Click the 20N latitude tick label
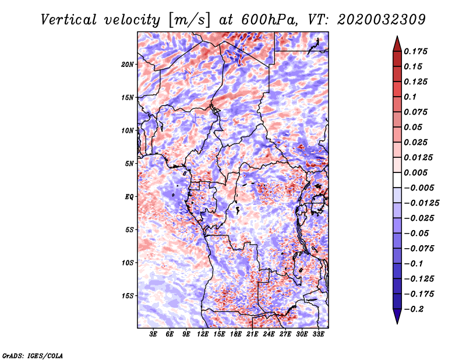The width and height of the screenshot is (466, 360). click(128, 64)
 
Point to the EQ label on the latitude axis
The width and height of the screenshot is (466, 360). click(129, 196)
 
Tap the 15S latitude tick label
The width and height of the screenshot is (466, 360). click(128, 296)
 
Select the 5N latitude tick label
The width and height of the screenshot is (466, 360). click(129, 164)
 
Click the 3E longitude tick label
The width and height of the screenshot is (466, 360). click(153, 334)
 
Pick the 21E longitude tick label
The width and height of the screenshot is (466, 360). click(252, 334)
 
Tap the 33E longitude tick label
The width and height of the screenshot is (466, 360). click(318, 334)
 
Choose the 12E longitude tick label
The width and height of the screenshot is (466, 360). click(203, 334)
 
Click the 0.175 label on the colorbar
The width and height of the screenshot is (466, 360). click(415, 51)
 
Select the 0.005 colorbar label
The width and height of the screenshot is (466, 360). click(415, 172)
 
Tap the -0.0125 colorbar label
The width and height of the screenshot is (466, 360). click(421, 203)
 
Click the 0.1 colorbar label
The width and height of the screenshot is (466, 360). click(410, 97)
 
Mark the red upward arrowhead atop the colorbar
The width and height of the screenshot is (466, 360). click(397, 44)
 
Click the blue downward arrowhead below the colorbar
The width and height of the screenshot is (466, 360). click(397, 316)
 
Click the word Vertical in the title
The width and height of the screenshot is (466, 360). click(69, 20)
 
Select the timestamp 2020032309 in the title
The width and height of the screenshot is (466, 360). click(382, 20)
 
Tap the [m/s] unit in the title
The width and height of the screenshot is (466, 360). click(189, 20)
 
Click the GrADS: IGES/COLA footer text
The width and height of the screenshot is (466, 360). click(33, 355)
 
